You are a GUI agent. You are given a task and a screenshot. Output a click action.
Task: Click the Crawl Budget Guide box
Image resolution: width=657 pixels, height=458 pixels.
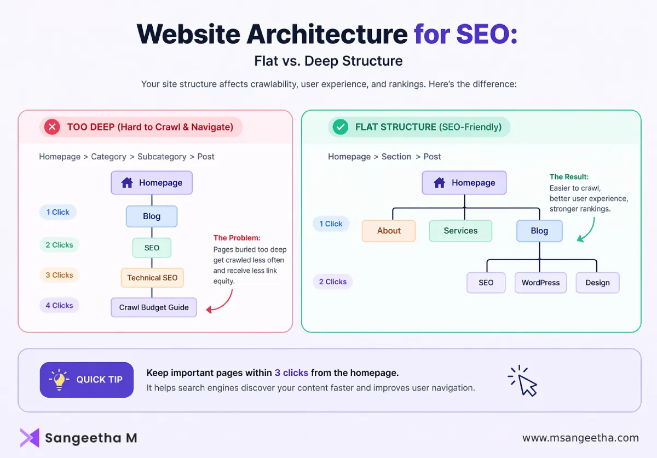(154, 307)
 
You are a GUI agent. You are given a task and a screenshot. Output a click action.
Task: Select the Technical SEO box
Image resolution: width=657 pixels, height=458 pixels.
(152, 278)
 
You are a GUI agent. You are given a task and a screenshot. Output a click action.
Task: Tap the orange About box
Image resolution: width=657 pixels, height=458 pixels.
(389, 231)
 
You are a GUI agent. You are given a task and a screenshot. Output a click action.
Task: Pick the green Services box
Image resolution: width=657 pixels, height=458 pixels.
(460, 231)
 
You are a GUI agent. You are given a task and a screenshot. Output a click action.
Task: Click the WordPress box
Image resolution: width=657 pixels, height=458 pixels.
(540, 283)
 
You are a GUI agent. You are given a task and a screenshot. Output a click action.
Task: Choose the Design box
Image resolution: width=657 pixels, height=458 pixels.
(597, 283)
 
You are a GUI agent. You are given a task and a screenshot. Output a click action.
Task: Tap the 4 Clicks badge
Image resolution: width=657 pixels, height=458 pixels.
(59, 306)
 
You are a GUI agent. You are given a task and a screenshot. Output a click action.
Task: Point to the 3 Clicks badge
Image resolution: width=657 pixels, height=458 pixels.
(59, 275)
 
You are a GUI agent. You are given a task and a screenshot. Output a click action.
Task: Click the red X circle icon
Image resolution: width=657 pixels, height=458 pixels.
(52, 128)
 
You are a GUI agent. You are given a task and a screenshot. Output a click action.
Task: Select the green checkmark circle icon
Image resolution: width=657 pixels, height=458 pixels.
(341, 128)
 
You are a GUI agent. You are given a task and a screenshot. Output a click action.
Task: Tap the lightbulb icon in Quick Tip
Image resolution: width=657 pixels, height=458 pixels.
(59, 379)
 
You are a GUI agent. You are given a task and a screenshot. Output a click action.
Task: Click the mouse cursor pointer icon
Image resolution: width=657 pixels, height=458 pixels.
(524, 381)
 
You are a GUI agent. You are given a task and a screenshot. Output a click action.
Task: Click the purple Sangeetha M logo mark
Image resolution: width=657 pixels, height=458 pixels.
(30, 438)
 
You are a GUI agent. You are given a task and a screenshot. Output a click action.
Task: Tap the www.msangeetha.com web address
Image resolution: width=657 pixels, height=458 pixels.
(580, 438)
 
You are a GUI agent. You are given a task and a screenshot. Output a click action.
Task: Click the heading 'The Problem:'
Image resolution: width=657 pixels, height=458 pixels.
(237, 238)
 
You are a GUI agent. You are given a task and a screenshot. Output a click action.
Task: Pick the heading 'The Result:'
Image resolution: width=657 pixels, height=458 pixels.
(569, 177)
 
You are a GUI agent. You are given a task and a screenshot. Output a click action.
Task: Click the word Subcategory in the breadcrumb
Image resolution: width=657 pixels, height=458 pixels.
(162, 157)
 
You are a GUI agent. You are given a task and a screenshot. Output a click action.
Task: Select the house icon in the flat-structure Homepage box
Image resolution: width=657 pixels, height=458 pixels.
(439, 183)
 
